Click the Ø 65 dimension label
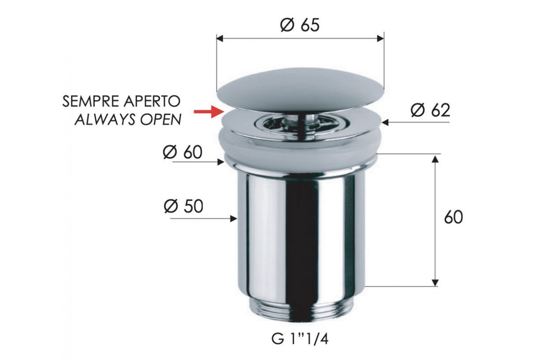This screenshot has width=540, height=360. [300, 25]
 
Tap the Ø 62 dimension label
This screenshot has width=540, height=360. [430, 110]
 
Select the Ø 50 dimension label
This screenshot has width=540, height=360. [184, 206]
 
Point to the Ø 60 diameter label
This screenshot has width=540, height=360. [183, 152]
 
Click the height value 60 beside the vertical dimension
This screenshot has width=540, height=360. [454, 217]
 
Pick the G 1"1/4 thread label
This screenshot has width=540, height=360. [300, 339]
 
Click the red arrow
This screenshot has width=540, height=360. [208, 112]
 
